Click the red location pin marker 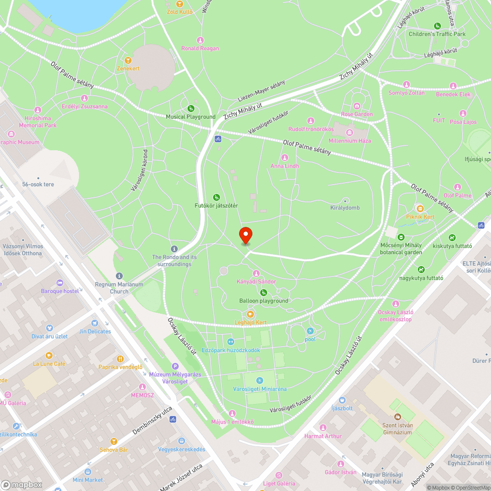[245, 235]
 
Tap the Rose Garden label [357, 114]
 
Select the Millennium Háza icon [350, 133]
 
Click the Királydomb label [345, 208]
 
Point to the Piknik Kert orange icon [420, 208]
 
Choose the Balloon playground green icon [264, 293]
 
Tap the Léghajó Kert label [250, 322]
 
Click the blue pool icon [310, 331]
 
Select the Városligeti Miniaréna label [260, 389]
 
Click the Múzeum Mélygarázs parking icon [175, 366]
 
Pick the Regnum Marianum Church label [119, 288]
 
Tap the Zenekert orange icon [128, 60]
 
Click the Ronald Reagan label [200, 48]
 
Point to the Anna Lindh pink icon [285, 158]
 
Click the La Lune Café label [49, 364]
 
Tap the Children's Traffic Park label [437, 34]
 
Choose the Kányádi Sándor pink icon [256, 273]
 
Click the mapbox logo [22, 484]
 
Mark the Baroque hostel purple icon [60, 283]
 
